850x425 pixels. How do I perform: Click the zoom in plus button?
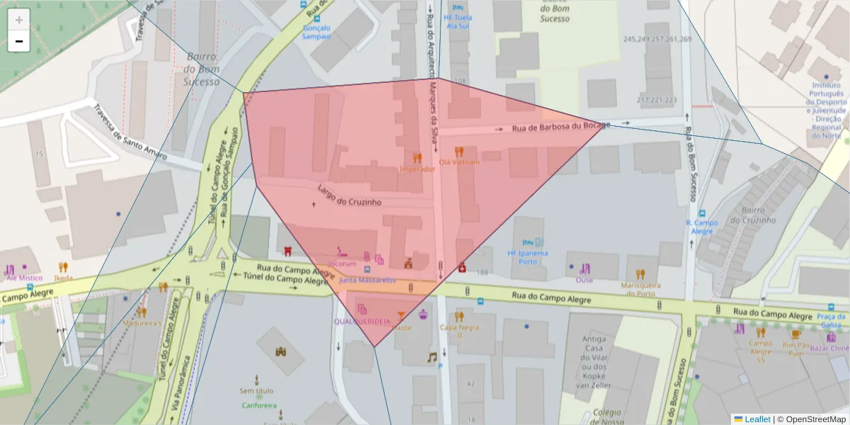click(x=19, y=20)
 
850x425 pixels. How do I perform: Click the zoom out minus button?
click(x=19, y=41)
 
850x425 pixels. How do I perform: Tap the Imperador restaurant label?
click(x=416, y=169)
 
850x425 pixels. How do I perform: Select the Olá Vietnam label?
click(x=459, y=162)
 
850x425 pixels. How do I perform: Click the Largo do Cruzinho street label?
click(x=350, y=197)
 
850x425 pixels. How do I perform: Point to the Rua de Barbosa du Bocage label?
click(x=560, y=127)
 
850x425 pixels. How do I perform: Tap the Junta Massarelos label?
click(x=368, y=280)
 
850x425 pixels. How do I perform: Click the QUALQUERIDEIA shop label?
click(x=362, y=321)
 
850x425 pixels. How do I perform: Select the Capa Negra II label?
click(x=459, y=331)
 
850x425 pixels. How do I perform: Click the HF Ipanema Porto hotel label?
click(x=528, y=257)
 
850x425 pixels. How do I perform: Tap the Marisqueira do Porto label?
click(x=640, y=289)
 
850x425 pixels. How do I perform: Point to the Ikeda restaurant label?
click(x=63, y=278)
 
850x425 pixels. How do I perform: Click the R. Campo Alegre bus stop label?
click(x=702, y=227)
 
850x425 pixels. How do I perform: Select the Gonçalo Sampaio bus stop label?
click(x=317, y=33)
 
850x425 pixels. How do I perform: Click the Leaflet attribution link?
click(x=756, y=419)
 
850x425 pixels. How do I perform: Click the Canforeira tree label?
click(x=257, y=406)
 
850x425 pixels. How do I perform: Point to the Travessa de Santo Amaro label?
click(x=130, y=132)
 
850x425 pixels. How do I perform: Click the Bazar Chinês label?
click(x=829, y=348)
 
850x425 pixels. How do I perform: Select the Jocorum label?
click(x=342, y=263)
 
